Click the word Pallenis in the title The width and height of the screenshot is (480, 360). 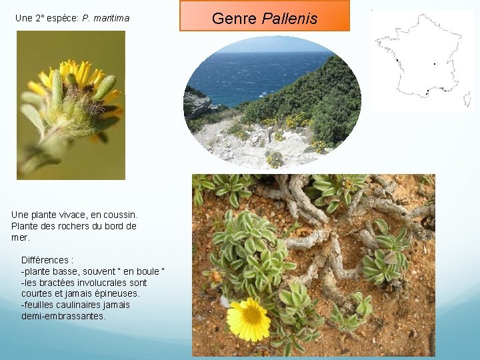[x=290, y=18]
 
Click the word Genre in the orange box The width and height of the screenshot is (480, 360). [x=235, y=18]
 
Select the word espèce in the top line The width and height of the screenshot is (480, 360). [x=63, y=19]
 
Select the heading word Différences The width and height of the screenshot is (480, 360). [x=47, y=259]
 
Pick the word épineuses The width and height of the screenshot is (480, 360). [x=117, y=293]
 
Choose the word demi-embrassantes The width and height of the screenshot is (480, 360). [x=63, y=316]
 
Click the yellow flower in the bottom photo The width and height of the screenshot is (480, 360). [x=249, y=319]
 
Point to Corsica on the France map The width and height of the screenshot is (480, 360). [x=467, y=99]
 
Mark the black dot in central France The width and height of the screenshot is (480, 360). [x=435, y=64]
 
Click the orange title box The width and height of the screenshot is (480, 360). [x=264, y=16]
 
